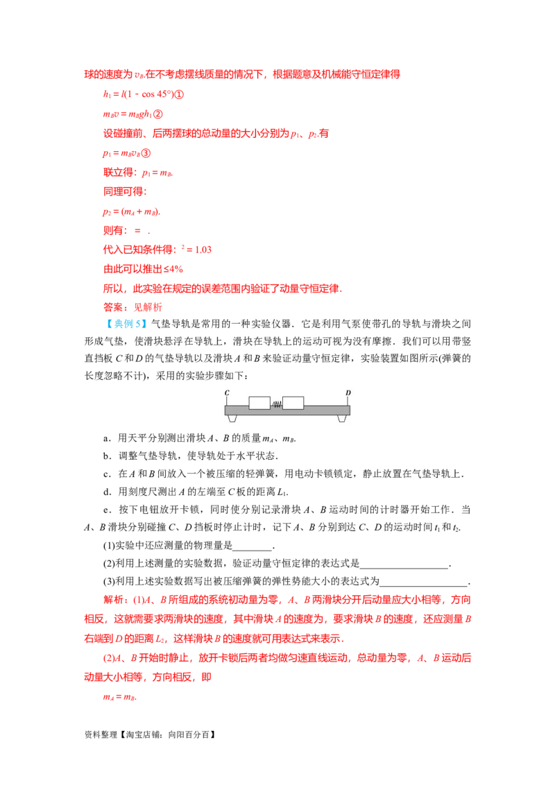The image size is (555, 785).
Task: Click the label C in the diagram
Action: pos(227,393)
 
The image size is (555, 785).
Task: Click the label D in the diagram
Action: pos(348,393)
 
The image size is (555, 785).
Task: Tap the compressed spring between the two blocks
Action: pos(277,404)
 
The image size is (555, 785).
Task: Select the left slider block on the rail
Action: pos(259,402)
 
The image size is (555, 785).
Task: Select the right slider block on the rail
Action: pos(293,402)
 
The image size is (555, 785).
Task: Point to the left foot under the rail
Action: pos(232,418)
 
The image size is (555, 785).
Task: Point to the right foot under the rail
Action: pos(342,418)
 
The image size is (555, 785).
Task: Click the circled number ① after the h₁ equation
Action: pos(179,94)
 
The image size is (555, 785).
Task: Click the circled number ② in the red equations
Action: pos(157,114)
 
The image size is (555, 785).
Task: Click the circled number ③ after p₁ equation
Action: pos(146,153)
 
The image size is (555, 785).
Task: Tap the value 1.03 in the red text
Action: pos(203,250)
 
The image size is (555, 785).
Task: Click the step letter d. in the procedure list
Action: pos(108,492)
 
